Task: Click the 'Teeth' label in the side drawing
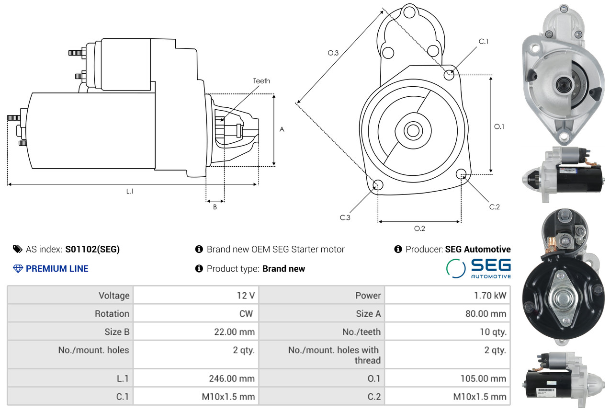tap(261, 81)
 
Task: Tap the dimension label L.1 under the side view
tap(130, 191)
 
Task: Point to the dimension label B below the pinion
tap(215, 207)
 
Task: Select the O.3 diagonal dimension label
tap(333, 53)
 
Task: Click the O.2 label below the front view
tap(419, 229)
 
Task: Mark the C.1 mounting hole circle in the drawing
tap(449, 75)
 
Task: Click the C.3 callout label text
tap(345, 217)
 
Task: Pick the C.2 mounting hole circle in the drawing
tap(461, 174)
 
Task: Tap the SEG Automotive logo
tap(478, 268)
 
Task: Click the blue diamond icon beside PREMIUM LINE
tap(18, 269)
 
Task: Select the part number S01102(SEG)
tap(92, 249)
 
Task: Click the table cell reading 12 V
tap(246, 296)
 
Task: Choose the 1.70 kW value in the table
tap(490, 296)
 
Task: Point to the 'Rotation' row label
tap(112, 314)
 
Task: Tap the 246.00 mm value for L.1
tap(232, 378)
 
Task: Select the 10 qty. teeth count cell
tap(493, 332)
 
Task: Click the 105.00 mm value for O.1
tap(483, 378)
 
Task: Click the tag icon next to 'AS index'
tap(18, 249)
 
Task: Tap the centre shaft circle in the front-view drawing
tap(413, 131)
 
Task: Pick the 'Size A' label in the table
tap(368, 314)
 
